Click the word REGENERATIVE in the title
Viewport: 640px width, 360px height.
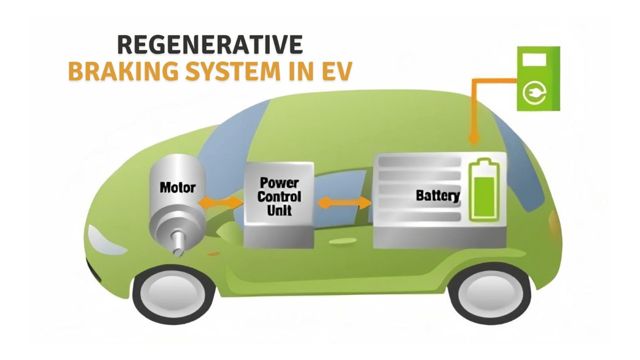(x=210, y=45)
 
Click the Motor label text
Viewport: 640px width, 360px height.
(x=177, y=188)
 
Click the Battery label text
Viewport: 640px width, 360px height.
(x=437, y=195)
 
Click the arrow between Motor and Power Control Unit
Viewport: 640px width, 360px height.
(x=220, y=202)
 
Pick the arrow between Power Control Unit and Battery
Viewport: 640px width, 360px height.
(x=345, y=202)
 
